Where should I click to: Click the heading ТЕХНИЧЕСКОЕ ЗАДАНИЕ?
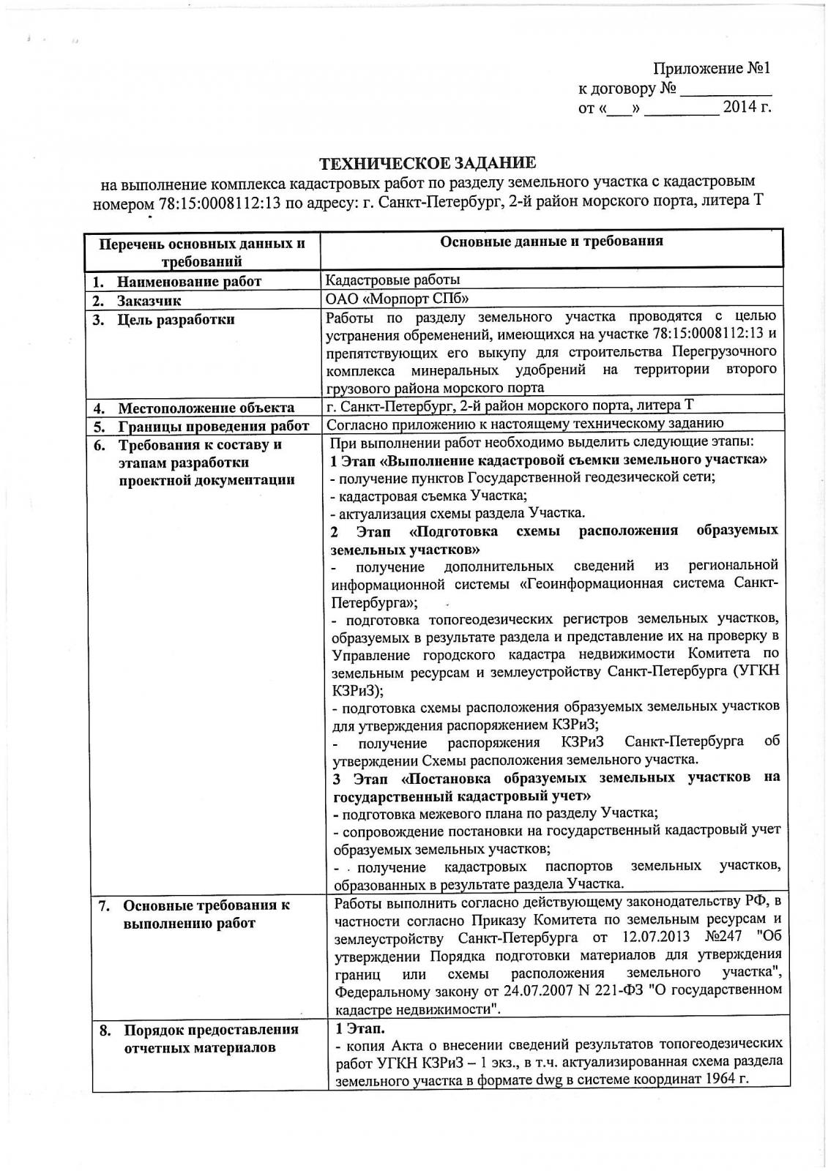click(430, 162)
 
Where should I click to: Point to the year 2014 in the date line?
click(739, 108)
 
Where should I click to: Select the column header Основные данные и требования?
click(551, 241)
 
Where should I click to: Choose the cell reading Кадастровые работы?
click(393, 280)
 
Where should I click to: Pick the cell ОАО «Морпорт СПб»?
click(397, 299)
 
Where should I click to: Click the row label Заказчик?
click(149, 300)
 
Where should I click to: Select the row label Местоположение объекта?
click(206, 408)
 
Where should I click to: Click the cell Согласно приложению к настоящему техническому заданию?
click(525, 424)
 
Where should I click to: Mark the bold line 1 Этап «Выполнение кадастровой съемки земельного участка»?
click(549, 460)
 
